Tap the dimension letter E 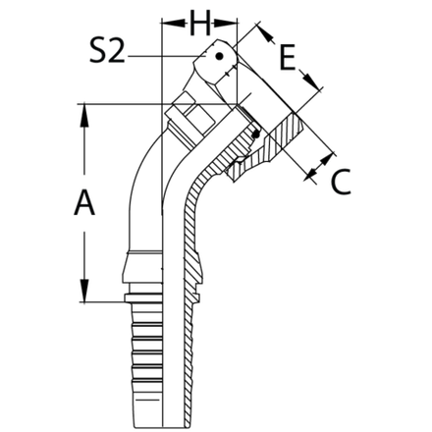[x=287, y=59]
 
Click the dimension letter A [x=85, y=203]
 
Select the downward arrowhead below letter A [x=85, y=292]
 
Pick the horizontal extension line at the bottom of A [x=103, y=299]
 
